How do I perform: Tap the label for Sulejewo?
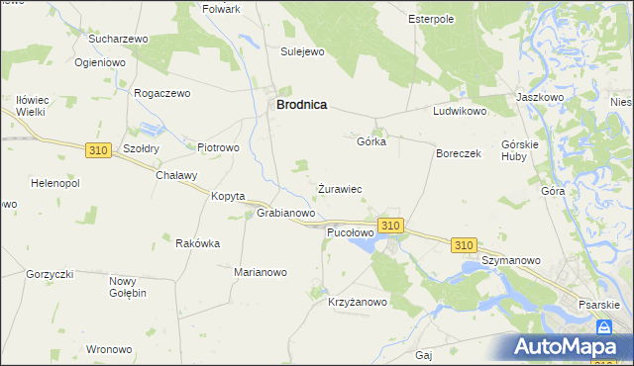[x=303, y=51]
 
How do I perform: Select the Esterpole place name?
[x=431, y=18]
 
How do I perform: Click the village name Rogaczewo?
[x=162, y=92]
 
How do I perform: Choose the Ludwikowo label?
[x=460, y=112]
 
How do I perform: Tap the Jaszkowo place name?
[x=540, y=98]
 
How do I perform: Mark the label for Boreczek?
[x=459, y=154]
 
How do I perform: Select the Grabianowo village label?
[x=286, y=213]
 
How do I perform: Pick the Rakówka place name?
[x=197, y=243]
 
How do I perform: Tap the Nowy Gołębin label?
[x=128, y=287]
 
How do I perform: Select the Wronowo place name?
[x=109, y=349]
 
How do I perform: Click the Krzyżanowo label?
[x=359, y=303]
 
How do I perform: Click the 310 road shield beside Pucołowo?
[x=390, y=227]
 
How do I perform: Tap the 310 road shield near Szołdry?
[x=97, y=149]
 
